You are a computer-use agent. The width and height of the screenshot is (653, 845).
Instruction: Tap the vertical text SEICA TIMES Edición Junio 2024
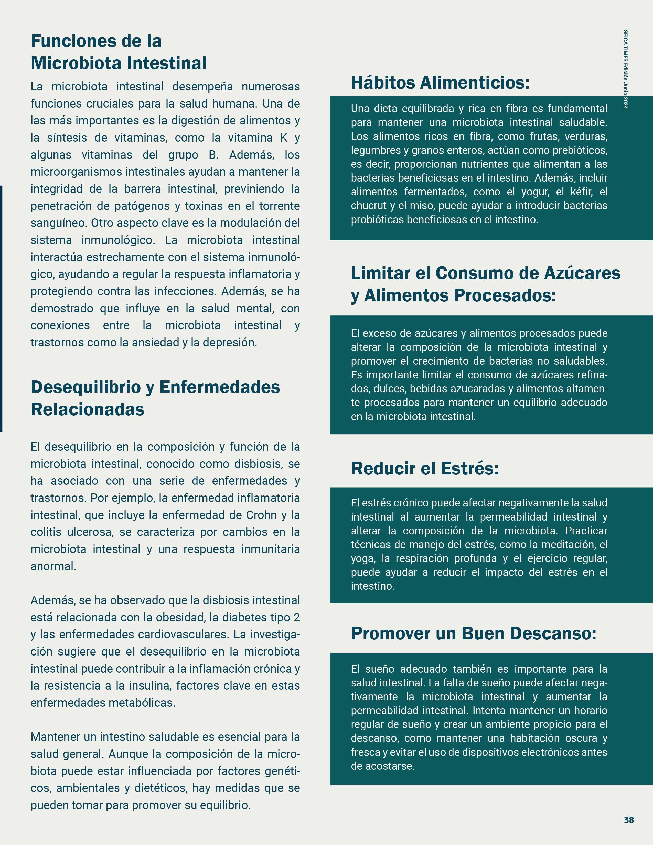point(626,70)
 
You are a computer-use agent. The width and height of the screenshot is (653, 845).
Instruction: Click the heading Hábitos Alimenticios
point(440,83)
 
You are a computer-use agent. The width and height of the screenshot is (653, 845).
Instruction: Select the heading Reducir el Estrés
point(424,469)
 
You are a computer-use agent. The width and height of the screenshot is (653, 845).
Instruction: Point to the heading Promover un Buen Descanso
point(473,633)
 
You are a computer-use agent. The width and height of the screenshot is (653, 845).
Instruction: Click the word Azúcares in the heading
point(582,273)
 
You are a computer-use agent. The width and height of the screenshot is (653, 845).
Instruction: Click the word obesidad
point(180,618)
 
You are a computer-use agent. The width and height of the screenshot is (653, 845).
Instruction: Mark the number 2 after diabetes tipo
point(296,618)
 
